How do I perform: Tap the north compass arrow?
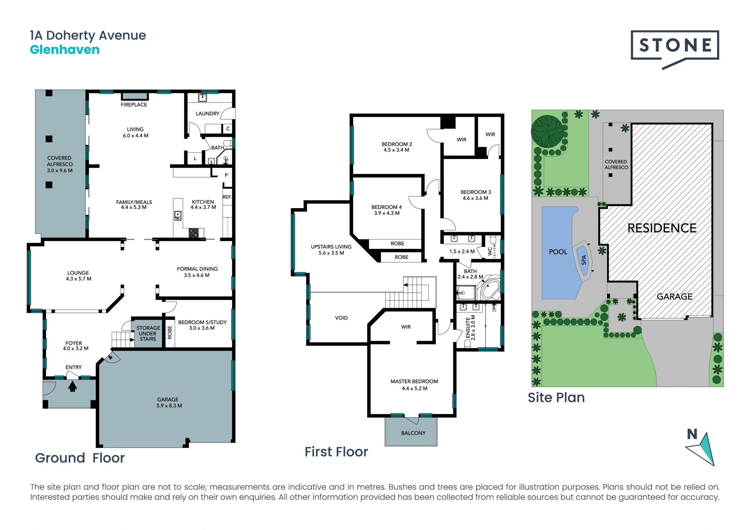pyautogui.click(x=702, y=449)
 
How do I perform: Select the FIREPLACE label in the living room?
pyautogui.click(x=134, y=105)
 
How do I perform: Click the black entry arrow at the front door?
pyautogui.click(x=72, y=386)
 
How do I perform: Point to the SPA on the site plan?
pyautogui.click(x=583, y=260)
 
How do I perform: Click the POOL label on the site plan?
pyautogui.click(x=558, y=252)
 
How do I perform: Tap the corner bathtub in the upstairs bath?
pyautogui.click(x=490, y=289)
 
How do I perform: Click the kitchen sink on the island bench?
pyautogui.click(x=178, y=216)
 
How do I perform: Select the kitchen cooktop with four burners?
pyautogui.click(x=194, y=233)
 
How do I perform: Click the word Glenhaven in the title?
pyautogui.click(x=65, y=50)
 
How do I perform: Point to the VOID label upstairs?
pyautogui.click(x=341, y=318)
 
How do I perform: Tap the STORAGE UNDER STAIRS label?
pyautogui.click(x=148, y=334)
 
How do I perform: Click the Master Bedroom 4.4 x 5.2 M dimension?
pyautogui.click(x=414, y=389)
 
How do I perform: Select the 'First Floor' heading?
pyautogui.click(x=336, y=452)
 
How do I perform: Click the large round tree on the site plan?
pyautogui.click(x=548, y=131)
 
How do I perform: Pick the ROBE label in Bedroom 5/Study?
pyautogui.click(x=170, y=332)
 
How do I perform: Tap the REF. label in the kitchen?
pyautogui.click(x=227, y=197)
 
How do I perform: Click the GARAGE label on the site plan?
pyautogui.click(x=675, y=296)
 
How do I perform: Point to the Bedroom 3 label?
pyautogui.click(x=476, y=192)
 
